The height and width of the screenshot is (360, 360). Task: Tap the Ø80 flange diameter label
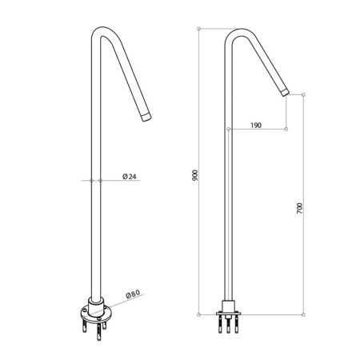(134, 294)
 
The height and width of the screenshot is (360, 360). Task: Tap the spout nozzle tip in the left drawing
(145, 118)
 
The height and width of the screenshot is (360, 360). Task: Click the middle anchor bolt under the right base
(230, 326)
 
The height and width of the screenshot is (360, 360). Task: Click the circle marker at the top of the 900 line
(200, 28)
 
